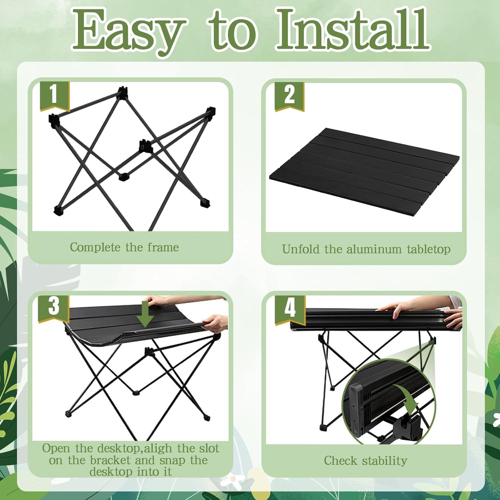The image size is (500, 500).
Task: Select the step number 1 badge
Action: (55, 96)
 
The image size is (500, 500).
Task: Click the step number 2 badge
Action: (289, 97)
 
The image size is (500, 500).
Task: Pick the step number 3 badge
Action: (54, 309)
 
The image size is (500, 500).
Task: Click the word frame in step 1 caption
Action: (163, 247)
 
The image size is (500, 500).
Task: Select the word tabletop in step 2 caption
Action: (429, 249)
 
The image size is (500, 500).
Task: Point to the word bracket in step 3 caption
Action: (110, 460)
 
